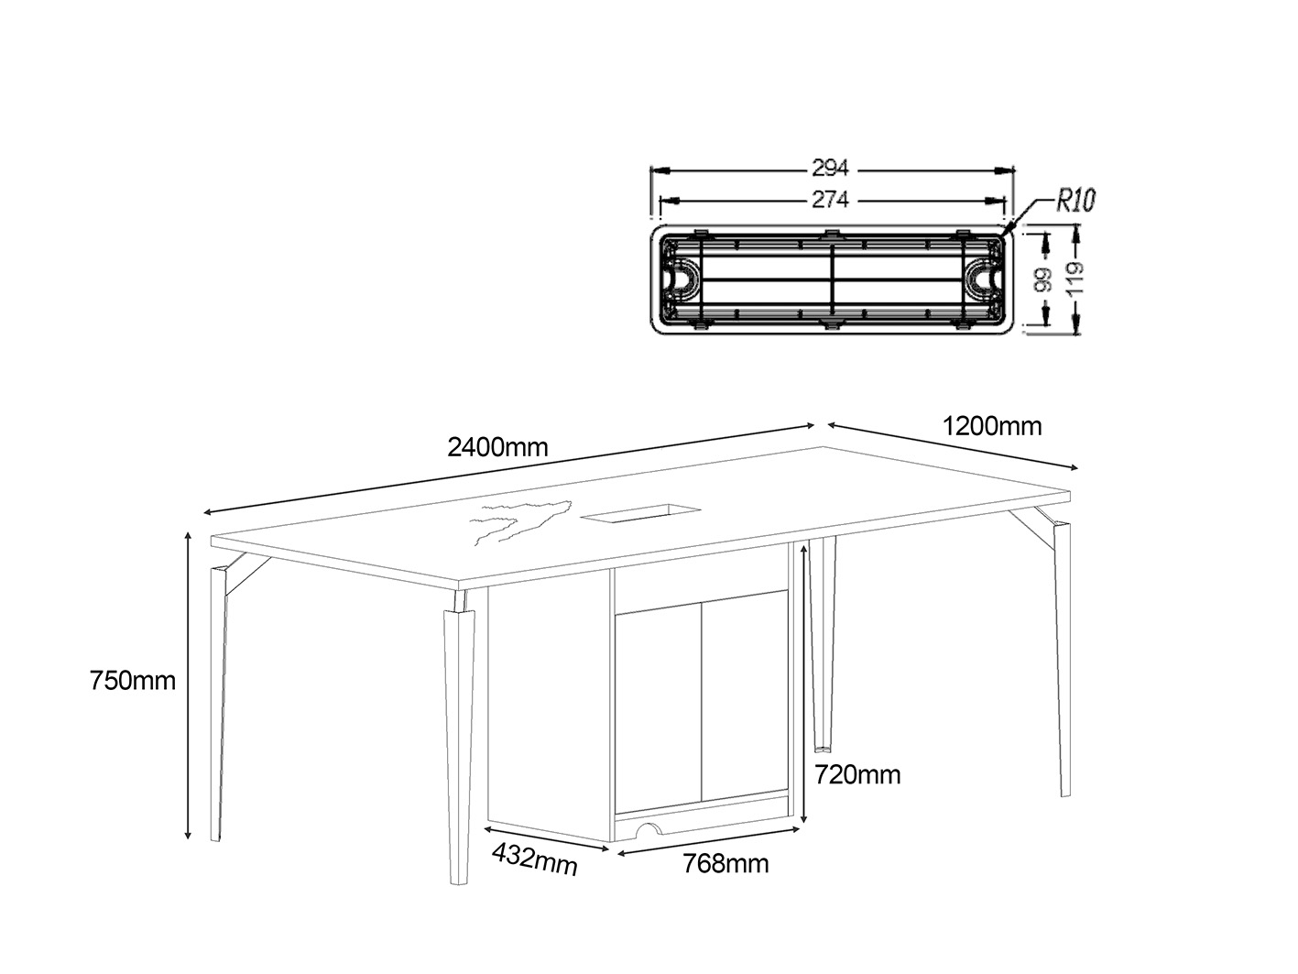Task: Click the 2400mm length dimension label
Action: [x=497, y=447]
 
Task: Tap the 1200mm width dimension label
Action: [x=991, y=426]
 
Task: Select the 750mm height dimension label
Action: [x=133, y=681]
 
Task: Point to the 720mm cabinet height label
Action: [x=857, y=775]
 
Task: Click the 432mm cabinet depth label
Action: [x=535, y=859]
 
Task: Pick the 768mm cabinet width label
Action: [x=725, y=863]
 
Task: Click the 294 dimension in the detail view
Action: [x=830, y=169]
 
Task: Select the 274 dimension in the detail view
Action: [x=830, y=199]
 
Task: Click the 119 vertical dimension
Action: [x=1075, y=280]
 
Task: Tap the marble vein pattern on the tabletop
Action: [x=518, y=520]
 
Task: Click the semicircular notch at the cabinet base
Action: [x=650, y=830]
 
